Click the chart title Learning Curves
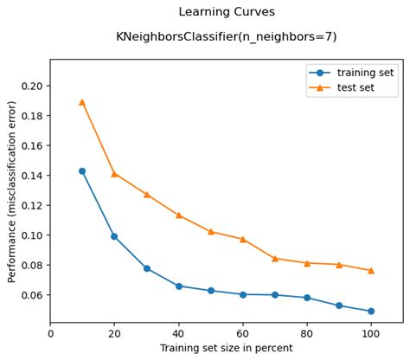[227, 12]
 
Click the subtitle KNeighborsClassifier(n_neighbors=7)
[227, 37]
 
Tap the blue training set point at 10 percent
[82, 171]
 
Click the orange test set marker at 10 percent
[82, 102]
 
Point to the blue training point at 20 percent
[114, 236]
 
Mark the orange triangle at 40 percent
[178, 215]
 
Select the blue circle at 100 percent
[370, 312]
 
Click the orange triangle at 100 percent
[370, 271]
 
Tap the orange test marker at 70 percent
[274, 259]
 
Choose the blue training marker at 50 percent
[210, 291]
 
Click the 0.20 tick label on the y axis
[32, 87]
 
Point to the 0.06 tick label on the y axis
[32, 295]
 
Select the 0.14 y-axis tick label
[32, 176]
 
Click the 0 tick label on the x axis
[50, 333]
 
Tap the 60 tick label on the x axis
[242, 333]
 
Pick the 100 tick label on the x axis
[370, 333]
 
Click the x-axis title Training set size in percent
[227, 349]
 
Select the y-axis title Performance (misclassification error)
[12, 192]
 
